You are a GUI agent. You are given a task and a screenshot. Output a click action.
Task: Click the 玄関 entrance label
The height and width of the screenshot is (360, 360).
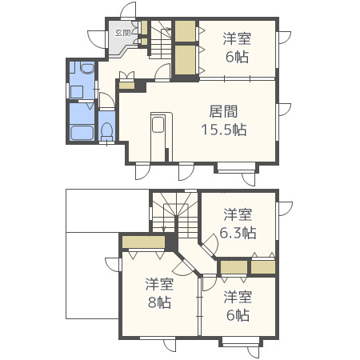click(x=122, y=33)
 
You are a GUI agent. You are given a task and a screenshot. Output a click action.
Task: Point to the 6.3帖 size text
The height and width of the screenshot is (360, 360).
click(x=238, y=233)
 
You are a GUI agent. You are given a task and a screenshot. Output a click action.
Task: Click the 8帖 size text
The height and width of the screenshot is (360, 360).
click(x=160, y=302)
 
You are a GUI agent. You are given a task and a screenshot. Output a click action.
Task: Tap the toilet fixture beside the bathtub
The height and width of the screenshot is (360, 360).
click(x=107, y=130)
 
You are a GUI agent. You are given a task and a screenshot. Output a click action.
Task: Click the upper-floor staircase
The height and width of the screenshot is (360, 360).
click(x=174, y=218)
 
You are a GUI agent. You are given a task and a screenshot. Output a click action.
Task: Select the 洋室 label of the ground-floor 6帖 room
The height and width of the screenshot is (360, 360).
click(x=237, y=38)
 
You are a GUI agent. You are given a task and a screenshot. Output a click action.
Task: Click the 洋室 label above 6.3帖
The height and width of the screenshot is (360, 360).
click(x=238, y=214)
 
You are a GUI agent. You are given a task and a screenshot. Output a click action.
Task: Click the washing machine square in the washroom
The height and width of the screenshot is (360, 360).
click(x=78, y=91)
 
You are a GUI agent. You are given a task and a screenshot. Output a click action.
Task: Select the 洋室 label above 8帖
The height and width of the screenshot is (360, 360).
click(x=160, y=284)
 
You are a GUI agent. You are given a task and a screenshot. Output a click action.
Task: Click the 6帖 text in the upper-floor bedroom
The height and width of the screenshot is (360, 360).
click(x=238, y=314)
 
